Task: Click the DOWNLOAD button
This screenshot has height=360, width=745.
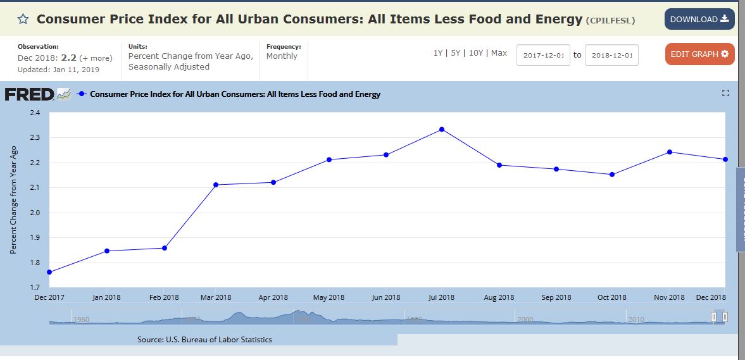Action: coord(699,19)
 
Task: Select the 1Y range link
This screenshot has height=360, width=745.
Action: coord(438,53)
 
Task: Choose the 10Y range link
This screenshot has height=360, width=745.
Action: coord(475,53)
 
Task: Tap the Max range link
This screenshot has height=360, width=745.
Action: coord(499,53)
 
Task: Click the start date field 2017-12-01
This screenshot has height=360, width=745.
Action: coord(543,55)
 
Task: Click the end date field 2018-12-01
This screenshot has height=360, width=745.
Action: coord(611,55)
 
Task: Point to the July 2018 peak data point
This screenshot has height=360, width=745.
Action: coord(442,129)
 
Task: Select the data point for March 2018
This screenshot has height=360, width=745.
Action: coord(216,185)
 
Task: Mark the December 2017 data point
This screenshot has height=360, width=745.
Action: coord(49,272)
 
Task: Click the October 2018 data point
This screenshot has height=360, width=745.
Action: coord(612,175)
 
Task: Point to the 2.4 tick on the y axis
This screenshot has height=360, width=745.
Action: coord(34,113)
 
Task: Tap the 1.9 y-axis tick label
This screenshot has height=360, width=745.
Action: coord(34,238)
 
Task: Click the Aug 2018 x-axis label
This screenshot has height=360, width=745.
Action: coord(499,297)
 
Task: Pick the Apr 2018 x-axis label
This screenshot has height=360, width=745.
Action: coord(273,297)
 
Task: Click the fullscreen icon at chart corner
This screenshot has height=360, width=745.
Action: coord(725,94)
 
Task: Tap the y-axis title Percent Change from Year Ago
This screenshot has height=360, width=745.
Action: coord(13,200)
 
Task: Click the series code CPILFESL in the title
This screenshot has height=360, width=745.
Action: coord(611,21)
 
